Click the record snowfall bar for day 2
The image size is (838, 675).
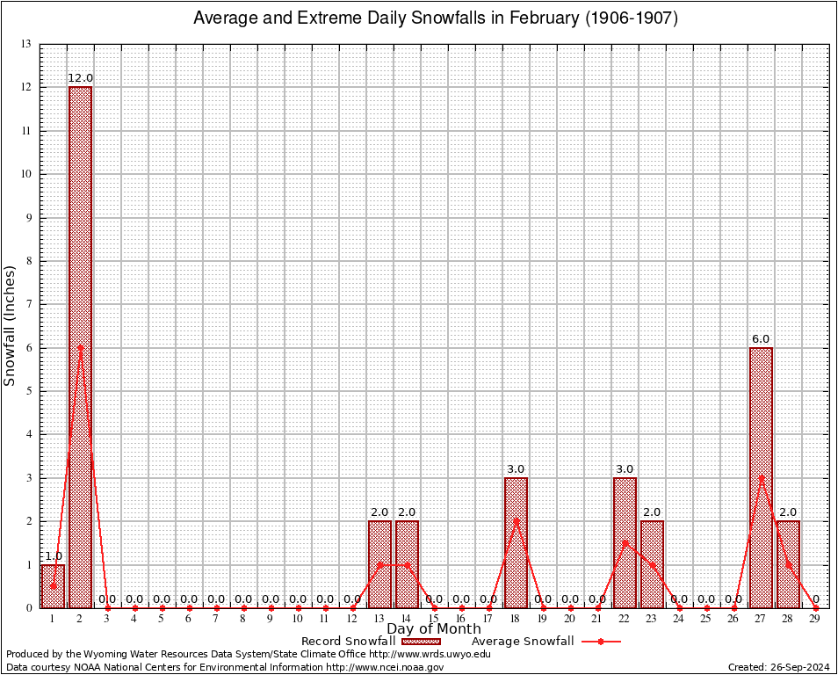80,347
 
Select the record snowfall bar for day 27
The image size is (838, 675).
761,477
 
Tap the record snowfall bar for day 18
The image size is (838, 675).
516,542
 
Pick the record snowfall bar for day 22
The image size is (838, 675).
625,542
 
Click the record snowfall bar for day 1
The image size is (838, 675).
53,586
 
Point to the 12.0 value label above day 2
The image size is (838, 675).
80,78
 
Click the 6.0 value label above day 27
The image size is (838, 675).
761,339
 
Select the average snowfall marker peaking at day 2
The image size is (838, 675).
80,347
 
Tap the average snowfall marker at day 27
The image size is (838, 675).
761,477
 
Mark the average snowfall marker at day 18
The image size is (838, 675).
516,520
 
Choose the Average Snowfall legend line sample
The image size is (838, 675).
600,642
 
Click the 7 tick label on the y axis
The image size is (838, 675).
28,304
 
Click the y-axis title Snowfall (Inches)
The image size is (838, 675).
11,325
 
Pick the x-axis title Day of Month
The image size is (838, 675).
434,629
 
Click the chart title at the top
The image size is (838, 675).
435,18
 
